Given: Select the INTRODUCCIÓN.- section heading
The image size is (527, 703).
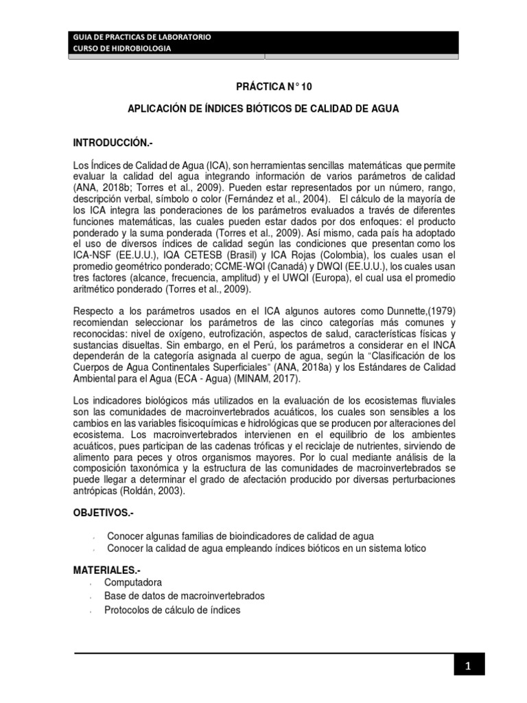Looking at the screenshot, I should click(113, 143).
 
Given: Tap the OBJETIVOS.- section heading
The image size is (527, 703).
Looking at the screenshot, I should click(104, 513).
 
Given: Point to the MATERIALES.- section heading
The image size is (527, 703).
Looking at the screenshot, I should click(108, 570).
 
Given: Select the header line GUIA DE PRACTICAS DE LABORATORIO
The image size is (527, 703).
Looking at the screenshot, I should click(143, 36).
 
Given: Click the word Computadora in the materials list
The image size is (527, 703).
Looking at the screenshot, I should click(133, 582).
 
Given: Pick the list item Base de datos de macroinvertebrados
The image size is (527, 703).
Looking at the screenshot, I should click(184, 596).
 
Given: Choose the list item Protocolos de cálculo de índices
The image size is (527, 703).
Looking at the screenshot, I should click(172, 610).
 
